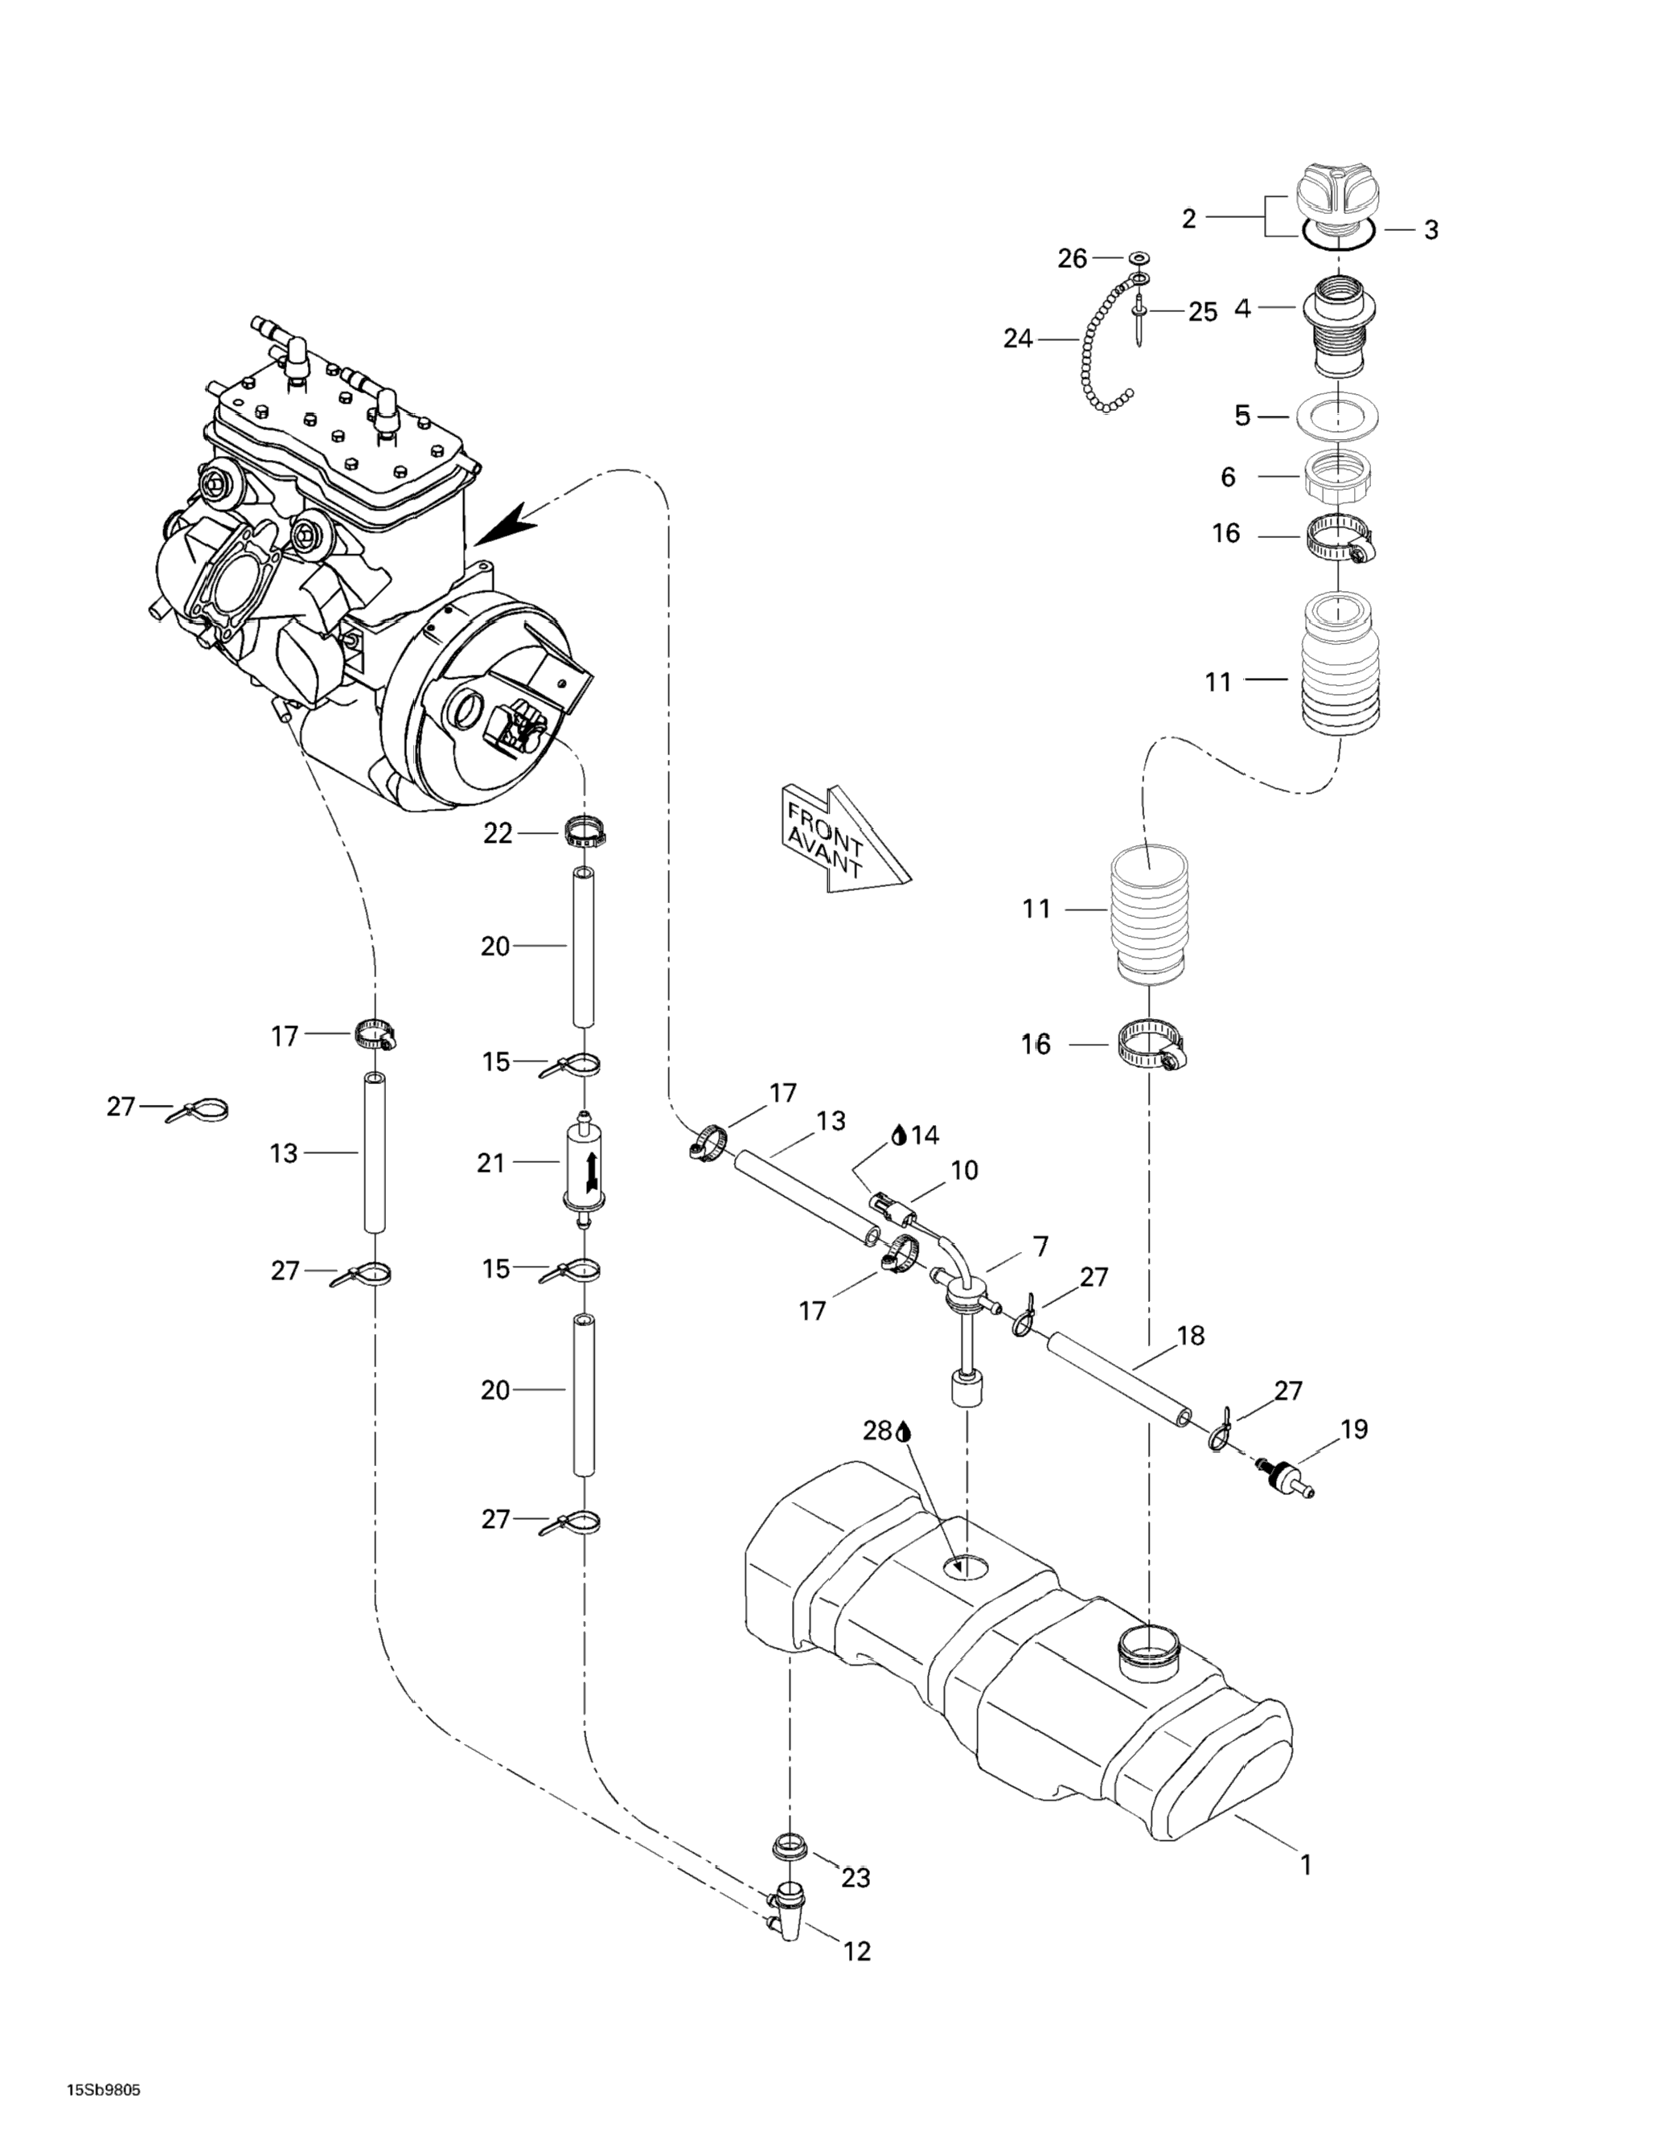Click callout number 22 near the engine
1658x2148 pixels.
(x=498, y=834)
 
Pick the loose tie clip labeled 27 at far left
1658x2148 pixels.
(x=200, y=1111)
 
